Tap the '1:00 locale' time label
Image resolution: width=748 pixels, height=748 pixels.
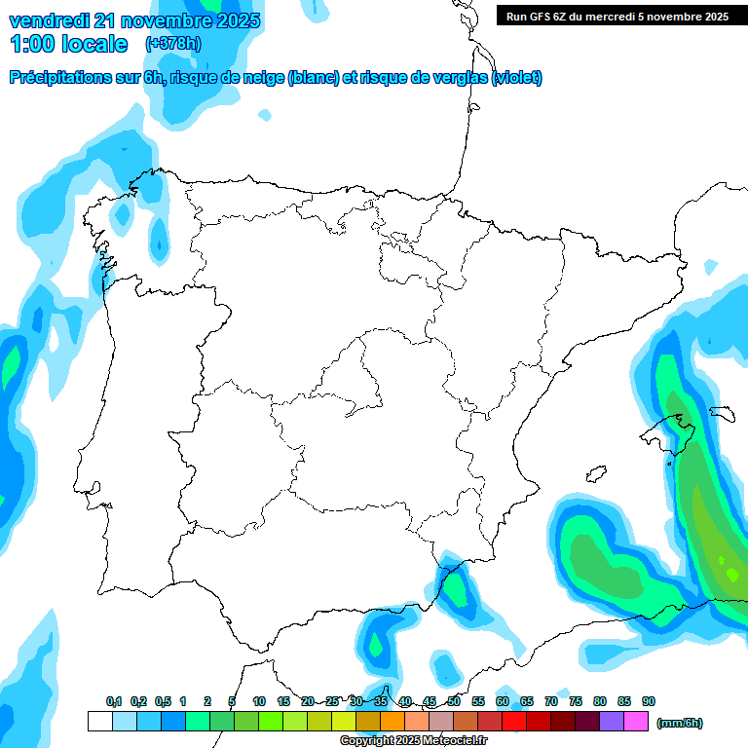(68, 44)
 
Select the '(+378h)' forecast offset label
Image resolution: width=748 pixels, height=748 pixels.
(174, 44)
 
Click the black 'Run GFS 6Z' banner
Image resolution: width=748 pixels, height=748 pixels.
(617, 16)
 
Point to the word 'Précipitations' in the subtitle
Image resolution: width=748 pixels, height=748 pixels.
(60, 78)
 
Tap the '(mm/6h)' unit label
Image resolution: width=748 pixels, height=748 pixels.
(680, 723)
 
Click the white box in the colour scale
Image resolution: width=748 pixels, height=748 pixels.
(99, 722)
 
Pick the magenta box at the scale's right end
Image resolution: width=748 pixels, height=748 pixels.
(636, 722)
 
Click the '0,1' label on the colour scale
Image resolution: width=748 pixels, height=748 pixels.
(114, 702)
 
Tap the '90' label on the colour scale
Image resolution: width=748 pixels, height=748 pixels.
(649, 702)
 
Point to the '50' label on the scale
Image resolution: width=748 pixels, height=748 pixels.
(454, 702)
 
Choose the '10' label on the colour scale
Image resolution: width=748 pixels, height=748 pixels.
(259, 702)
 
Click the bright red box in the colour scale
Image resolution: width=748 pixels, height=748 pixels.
(514, 722)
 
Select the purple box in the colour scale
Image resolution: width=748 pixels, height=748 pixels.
(612, 722)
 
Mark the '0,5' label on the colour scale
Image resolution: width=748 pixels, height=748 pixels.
(163, 702)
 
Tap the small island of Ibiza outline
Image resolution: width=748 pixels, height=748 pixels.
(595, 474)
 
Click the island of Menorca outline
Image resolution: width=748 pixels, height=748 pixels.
(723, 414)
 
